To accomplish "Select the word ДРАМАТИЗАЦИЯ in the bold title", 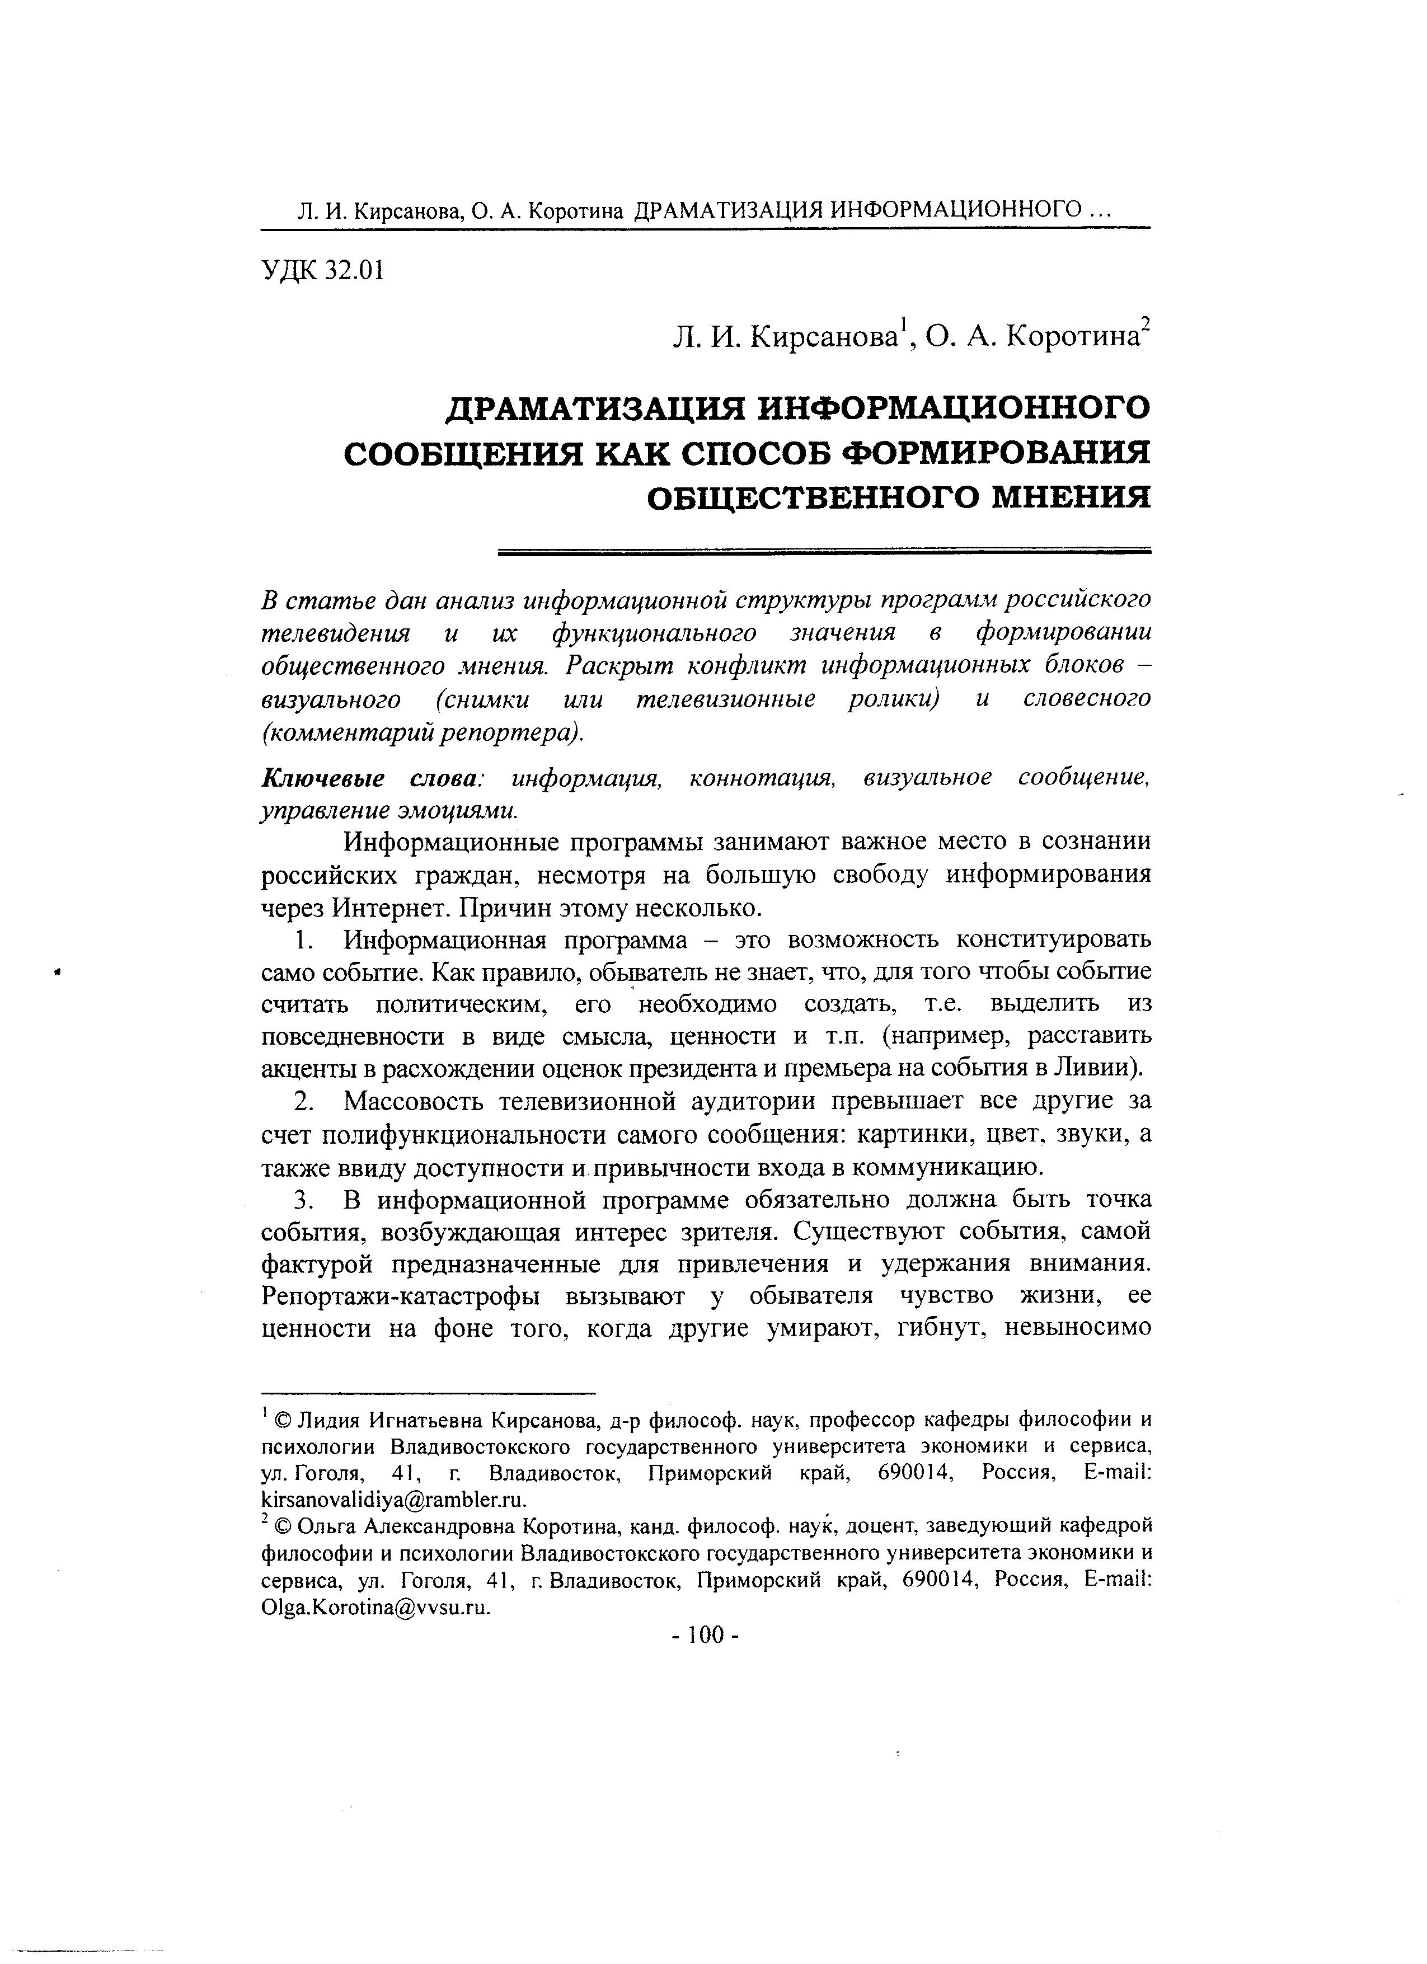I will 593,407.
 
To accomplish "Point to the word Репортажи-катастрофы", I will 398,1296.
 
